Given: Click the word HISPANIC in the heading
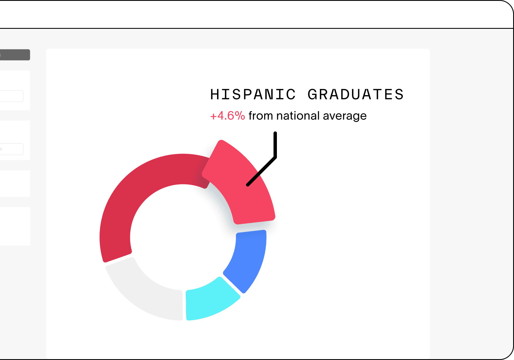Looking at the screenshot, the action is coord(253,94).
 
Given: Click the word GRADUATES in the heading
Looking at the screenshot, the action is coord(356,94).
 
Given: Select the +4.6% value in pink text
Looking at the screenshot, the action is coord(228,116).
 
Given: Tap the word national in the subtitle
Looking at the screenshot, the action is coord(298,116).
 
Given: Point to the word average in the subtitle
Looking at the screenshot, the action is coord(345,116).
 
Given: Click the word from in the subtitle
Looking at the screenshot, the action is coord(261,116).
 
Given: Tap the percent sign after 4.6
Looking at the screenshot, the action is coord(240,116).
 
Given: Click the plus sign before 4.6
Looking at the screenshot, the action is coord(213,116).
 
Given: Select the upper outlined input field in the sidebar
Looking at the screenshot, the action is coord(12,96).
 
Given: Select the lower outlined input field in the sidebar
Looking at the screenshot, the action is coord(12,149).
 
